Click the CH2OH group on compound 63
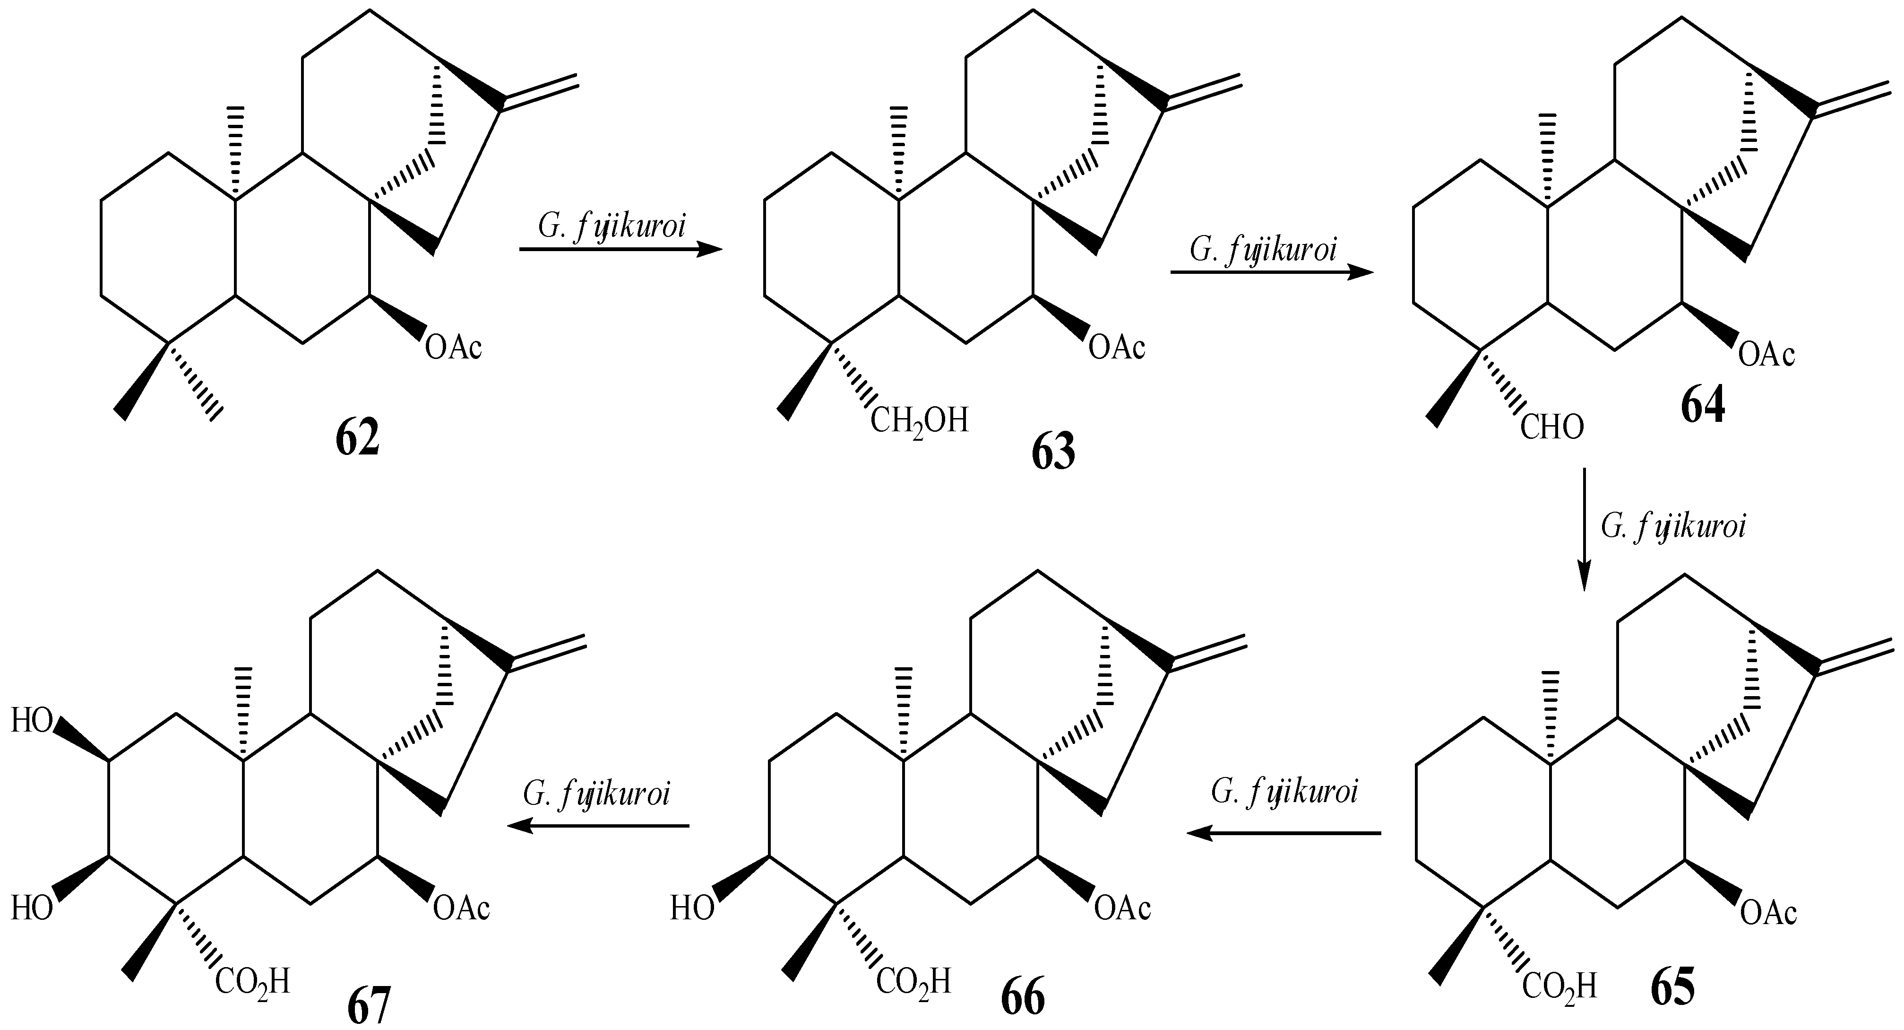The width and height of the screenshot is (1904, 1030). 919,421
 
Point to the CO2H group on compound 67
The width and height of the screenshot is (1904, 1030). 252,981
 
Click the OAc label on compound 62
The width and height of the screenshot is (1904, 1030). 454,347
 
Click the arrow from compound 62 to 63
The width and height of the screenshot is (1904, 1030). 621,250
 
